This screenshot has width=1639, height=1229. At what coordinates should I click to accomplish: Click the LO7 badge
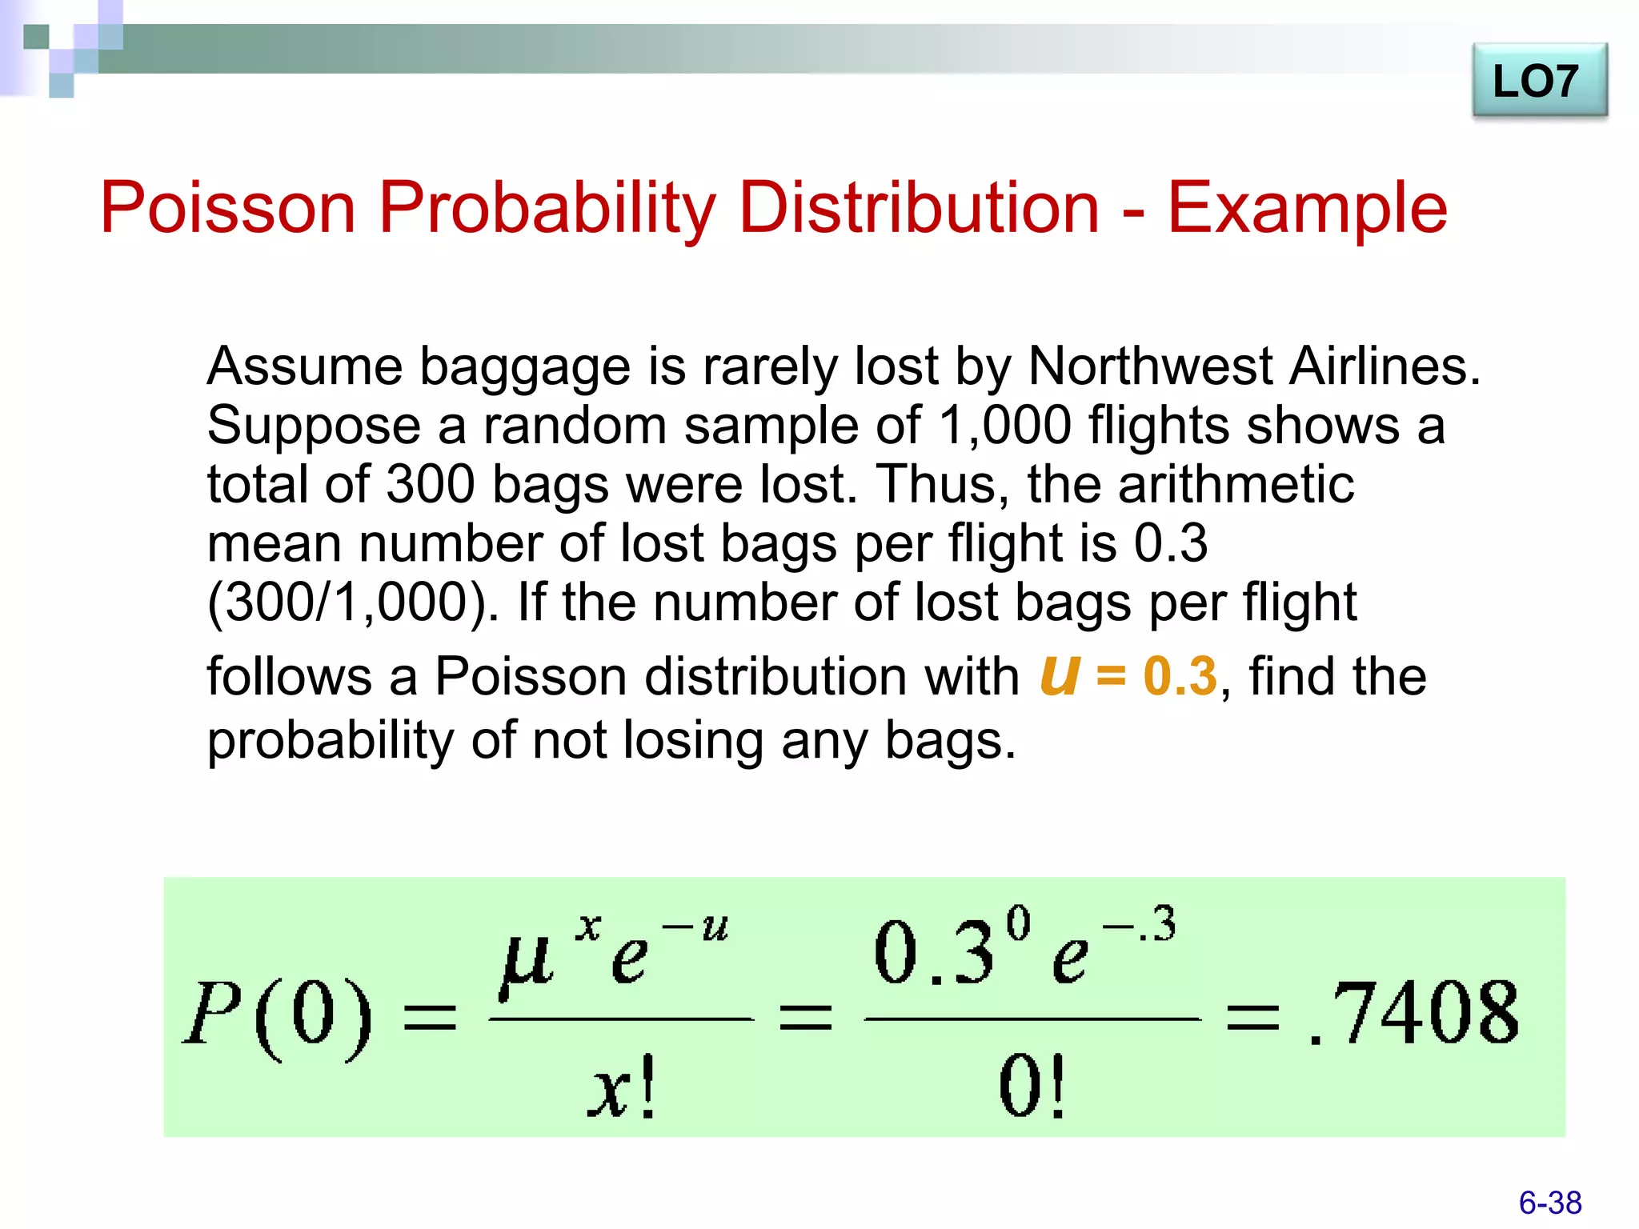click(x=1538, y=82)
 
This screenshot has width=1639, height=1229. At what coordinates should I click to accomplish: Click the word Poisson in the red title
click(x=227, y=208)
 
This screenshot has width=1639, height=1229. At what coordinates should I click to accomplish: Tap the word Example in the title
click(x=1307, y=208)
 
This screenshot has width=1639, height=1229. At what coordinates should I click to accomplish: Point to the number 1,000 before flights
click(x=1004, y=425)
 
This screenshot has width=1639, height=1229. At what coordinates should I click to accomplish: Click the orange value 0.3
click(x=1180, y=676)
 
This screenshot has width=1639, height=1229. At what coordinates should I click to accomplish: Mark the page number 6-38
click(x=1549, y=1203)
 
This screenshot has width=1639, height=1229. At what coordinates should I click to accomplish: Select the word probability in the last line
click(x=331, y=740)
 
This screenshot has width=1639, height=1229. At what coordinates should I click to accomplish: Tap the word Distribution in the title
click(x=918, y=208)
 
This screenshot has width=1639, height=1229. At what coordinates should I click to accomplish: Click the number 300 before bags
click(x=430, y=484)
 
